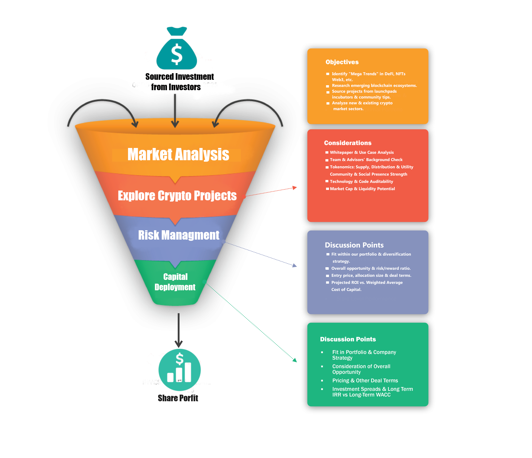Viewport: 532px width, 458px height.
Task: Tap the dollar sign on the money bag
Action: pos(177,54)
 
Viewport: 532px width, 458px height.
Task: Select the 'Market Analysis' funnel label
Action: pos(178,155)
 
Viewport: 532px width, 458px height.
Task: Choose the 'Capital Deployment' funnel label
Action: pos(175,282)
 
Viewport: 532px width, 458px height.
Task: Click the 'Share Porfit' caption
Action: pos(178,398)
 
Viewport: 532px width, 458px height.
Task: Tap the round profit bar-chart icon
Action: pos(180,370)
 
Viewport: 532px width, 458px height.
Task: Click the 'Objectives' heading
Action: pos(342,62)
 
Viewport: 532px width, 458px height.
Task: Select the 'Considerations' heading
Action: pos(348,143)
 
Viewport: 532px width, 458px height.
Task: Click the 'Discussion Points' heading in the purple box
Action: pos(354,245)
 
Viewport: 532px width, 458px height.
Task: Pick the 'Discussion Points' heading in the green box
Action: pos(348,339)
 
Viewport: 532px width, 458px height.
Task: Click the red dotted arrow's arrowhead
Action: pos(295,188)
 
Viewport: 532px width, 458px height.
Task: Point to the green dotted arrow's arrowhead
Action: pos(295,360)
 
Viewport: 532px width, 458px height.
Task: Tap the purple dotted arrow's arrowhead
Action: pos(295,265)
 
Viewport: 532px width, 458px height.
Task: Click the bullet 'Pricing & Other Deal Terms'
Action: pos(365,380)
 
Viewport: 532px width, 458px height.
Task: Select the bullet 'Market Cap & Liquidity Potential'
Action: pos(362,189)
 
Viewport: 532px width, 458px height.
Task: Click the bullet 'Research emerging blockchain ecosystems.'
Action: pos(374,85)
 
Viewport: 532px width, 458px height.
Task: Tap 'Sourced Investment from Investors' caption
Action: pos(180,82)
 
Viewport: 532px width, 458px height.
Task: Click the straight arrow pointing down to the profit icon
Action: pos(179,330)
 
